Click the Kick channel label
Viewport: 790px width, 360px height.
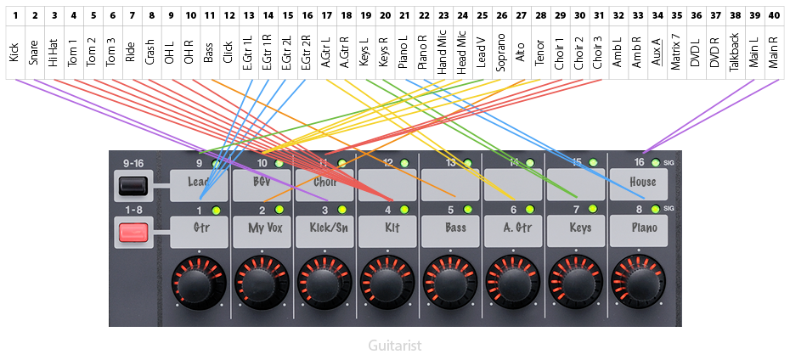[x=14, y=53]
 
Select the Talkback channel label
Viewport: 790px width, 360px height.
[x=735, y=53]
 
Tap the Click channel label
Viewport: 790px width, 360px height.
[x=228, y=53]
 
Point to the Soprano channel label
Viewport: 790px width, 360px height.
[x=500, y=53]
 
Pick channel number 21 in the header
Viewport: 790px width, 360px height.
[x=403, y=15]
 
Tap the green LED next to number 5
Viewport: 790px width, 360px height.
[x=466, y=210]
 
